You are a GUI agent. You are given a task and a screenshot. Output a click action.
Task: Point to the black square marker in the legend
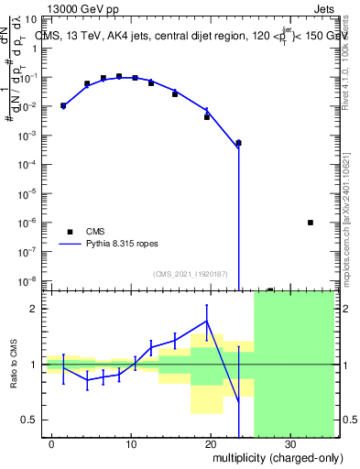pyautogui.click(x=70, y=232)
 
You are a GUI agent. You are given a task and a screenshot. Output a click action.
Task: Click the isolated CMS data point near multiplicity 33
pyautogui.click(x=311, y=223)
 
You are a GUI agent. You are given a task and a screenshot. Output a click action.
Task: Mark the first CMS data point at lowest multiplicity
pyautogui.click(x=63, y=105)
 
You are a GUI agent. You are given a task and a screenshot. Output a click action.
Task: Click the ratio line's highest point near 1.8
pyautogui.click(x=207, y=320)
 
